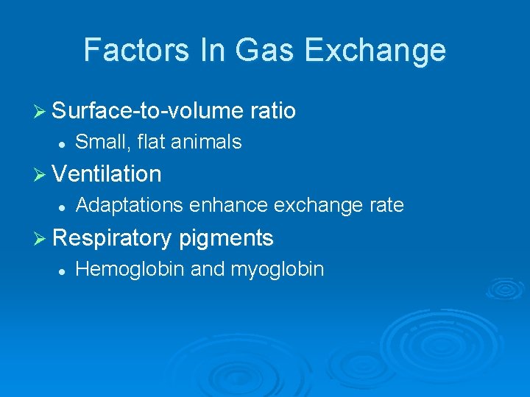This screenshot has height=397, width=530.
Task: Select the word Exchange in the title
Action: [374, 50]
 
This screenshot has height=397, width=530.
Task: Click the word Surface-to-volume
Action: [148, 111]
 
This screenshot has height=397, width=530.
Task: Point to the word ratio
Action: [273, 111]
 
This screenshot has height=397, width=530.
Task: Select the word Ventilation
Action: [107, 174]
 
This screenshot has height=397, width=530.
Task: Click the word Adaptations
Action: [130, 205]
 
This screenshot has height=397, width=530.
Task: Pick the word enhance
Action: [228, 205]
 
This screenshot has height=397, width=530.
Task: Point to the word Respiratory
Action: [113, 238]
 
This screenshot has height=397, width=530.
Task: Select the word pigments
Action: [226, 238]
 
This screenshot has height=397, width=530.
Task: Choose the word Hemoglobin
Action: [130, 269]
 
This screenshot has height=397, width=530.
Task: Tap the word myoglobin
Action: [277, 270]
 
